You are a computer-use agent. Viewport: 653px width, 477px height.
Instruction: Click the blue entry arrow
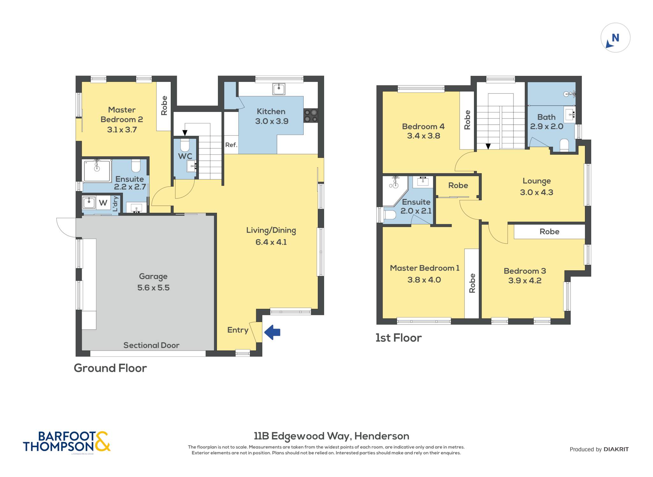[x=272, y=332]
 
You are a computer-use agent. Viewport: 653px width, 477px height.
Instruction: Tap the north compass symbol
[x=615, y=38]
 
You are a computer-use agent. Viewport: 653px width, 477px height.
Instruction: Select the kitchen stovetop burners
[x=311, y=116]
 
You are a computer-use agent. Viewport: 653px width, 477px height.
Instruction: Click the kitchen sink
[x=279, y=89]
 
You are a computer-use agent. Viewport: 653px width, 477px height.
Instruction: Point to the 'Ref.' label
[x=231, y=145]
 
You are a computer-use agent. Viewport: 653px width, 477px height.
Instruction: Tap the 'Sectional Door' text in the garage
[x=151, y=345]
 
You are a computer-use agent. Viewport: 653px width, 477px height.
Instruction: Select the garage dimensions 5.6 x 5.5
[x=153, y=288]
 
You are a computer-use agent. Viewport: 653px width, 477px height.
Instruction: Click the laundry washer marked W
[x=103, y=203]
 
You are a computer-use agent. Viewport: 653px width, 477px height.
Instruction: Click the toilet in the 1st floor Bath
[x=564, y=145]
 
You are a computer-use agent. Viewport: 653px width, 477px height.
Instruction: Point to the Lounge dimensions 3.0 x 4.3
[x=537, y=192]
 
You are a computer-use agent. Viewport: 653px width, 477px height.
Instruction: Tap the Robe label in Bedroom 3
[x=549, y=231]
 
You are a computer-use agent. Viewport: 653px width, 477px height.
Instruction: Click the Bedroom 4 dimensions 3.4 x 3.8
[x=423, y=136]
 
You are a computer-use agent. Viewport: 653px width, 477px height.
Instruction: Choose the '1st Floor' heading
[x=399, y=338]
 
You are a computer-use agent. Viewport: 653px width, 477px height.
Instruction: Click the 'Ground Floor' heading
[x=110, y=368]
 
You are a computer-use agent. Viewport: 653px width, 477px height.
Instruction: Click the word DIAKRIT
[x=616, y=449]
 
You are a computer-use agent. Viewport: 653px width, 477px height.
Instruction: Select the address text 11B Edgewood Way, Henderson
[x=332, y=436]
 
